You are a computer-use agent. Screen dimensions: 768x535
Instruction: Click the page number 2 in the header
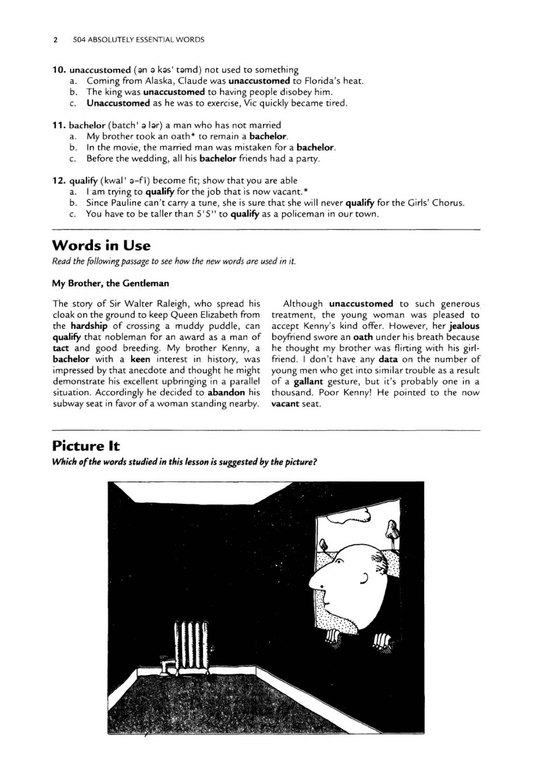pyautogui.click(x=56, y=40)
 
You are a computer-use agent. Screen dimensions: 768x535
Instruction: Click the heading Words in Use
pyautogui.click(x=101, y=245)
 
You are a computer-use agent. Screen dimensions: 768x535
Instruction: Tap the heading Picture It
pyautogui.click(x=86, y=446)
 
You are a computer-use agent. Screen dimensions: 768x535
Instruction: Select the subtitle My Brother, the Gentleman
pyautogui.click(x=111, y=283)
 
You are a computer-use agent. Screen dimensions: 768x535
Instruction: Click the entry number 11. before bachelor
pyautogui.click(x=59, y=125)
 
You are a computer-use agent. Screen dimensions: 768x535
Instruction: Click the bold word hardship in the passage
pyautogui.click(x=89, y=326)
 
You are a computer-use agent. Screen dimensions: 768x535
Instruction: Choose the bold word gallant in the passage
pyautogui.click(x=310, y=382)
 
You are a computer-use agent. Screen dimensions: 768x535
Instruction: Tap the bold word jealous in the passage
pyautogui.click(x=464, y=326)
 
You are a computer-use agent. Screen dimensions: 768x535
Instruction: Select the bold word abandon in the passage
pyautogui.click(x=226, y=393)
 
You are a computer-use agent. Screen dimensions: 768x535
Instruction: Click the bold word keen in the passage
pyautogui.click(x=140, y=359)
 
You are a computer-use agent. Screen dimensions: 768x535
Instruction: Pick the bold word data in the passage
pyautogui.click(x=388, y=359)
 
